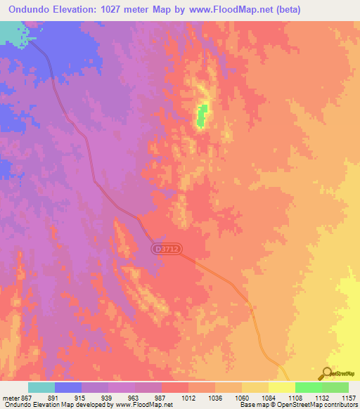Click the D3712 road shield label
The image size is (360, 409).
[165, 249]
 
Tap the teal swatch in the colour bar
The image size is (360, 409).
[41, 387]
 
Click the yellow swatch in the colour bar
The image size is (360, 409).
[282, 387]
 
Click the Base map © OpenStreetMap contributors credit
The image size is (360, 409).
[297, 405]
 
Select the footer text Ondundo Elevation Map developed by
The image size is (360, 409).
[51, 405]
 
